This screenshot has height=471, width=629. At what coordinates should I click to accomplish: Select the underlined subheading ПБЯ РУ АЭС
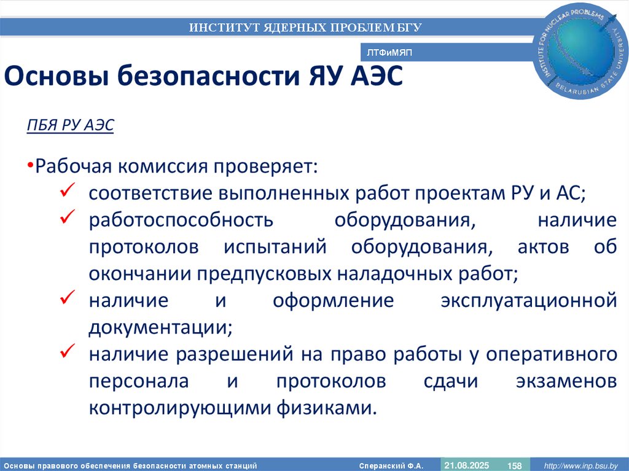(71, 125)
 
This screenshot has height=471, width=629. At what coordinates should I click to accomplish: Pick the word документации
(160, 327)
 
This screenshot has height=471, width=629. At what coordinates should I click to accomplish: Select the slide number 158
(514, 465)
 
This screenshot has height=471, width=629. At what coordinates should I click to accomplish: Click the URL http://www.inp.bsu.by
(580, 465)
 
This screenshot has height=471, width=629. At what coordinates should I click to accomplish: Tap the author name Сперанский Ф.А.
(391, 465)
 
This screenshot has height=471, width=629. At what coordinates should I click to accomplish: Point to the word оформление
(332, 301)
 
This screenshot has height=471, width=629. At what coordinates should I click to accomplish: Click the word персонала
(138, 381)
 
